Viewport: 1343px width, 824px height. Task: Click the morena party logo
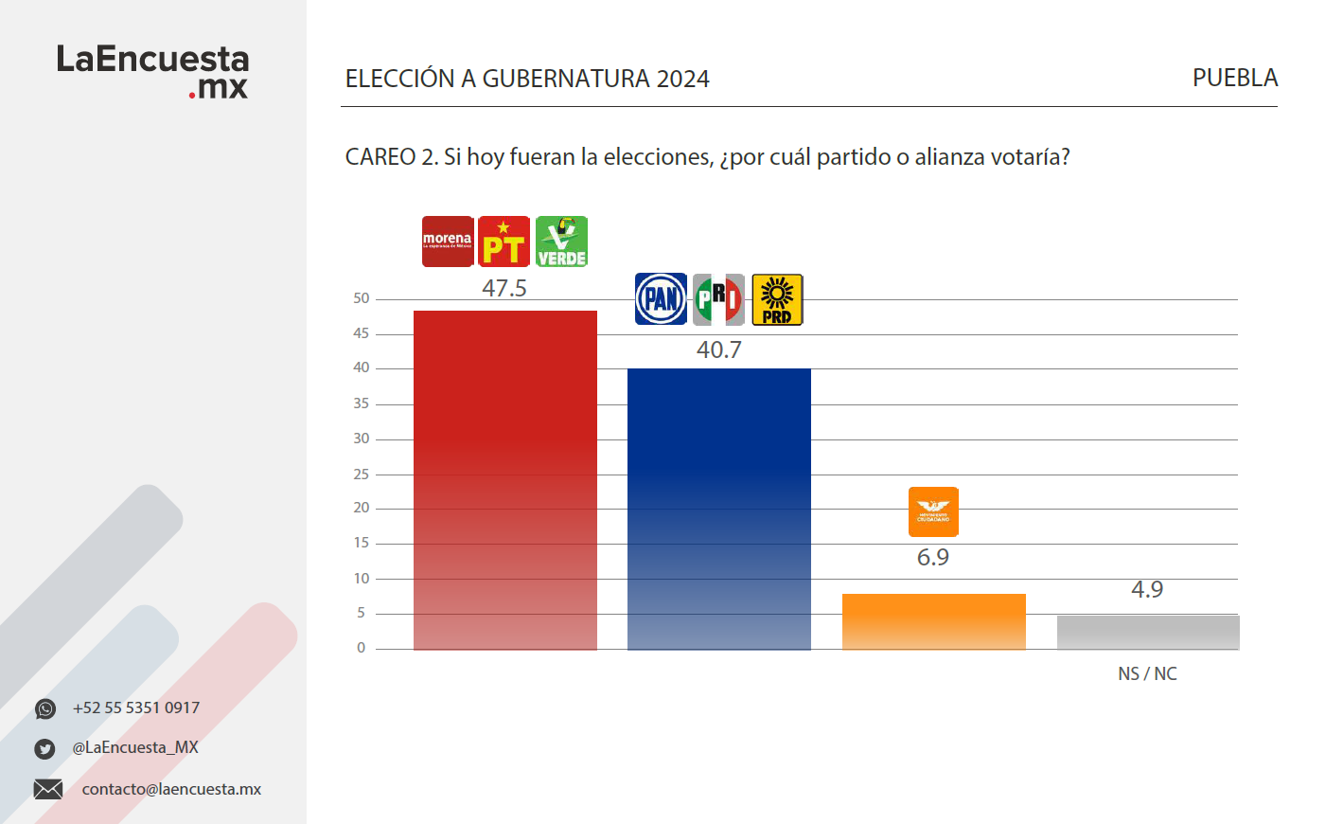pos(448,242)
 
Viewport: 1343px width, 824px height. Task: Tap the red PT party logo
pos(504,242)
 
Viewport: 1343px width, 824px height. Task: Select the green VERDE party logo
pos(561,242)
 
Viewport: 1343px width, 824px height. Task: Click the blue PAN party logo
pos(661,299)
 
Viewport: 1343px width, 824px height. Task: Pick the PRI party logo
pos(718,299)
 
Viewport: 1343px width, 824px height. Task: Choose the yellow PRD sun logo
pos(777,299)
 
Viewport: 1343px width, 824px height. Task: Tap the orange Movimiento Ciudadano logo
pos(933,511)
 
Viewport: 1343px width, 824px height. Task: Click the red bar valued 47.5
pos(505,479)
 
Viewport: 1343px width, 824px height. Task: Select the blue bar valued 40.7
pos(719,509)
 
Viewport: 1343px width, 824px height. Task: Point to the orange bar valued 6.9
pos(934,621)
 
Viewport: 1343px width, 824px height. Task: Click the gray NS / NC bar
pos(1148,632)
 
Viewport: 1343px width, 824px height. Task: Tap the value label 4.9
pos(1147,589)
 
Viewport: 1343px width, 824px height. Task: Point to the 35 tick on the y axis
pos(362,403)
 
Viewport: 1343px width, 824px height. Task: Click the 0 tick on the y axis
pos(361,648)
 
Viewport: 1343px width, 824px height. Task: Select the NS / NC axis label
pos(1147,673)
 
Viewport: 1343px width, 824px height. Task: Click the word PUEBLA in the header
pos(1235,78)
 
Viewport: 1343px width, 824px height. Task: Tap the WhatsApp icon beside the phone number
pos(45,708)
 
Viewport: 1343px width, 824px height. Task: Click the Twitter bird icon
pos(44,748)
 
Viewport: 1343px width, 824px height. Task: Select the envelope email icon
pos(48,789)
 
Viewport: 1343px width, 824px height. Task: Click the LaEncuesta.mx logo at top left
pos(152,71)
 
